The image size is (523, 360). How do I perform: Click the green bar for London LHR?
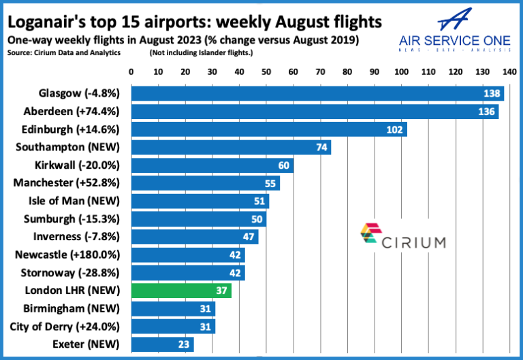[180, 291]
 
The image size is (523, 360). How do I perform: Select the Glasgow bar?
[317, 93]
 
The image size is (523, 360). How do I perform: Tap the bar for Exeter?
[161, 344]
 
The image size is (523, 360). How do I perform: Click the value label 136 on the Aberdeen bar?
[486, 112]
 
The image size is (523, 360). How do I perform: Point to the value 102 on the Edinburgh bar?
[395, 129]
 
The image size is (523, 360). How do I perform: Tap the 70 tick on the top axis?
[320, 71]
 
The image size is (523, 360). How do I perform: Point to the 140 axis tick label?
[508, 71]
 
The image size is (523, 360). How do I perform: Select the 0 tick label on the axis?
[131, 71]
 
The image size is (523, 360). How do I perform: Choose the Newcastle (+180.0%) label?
[67, 255]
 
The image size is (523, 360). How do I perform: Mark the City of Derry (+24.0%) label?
[65, 326]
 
